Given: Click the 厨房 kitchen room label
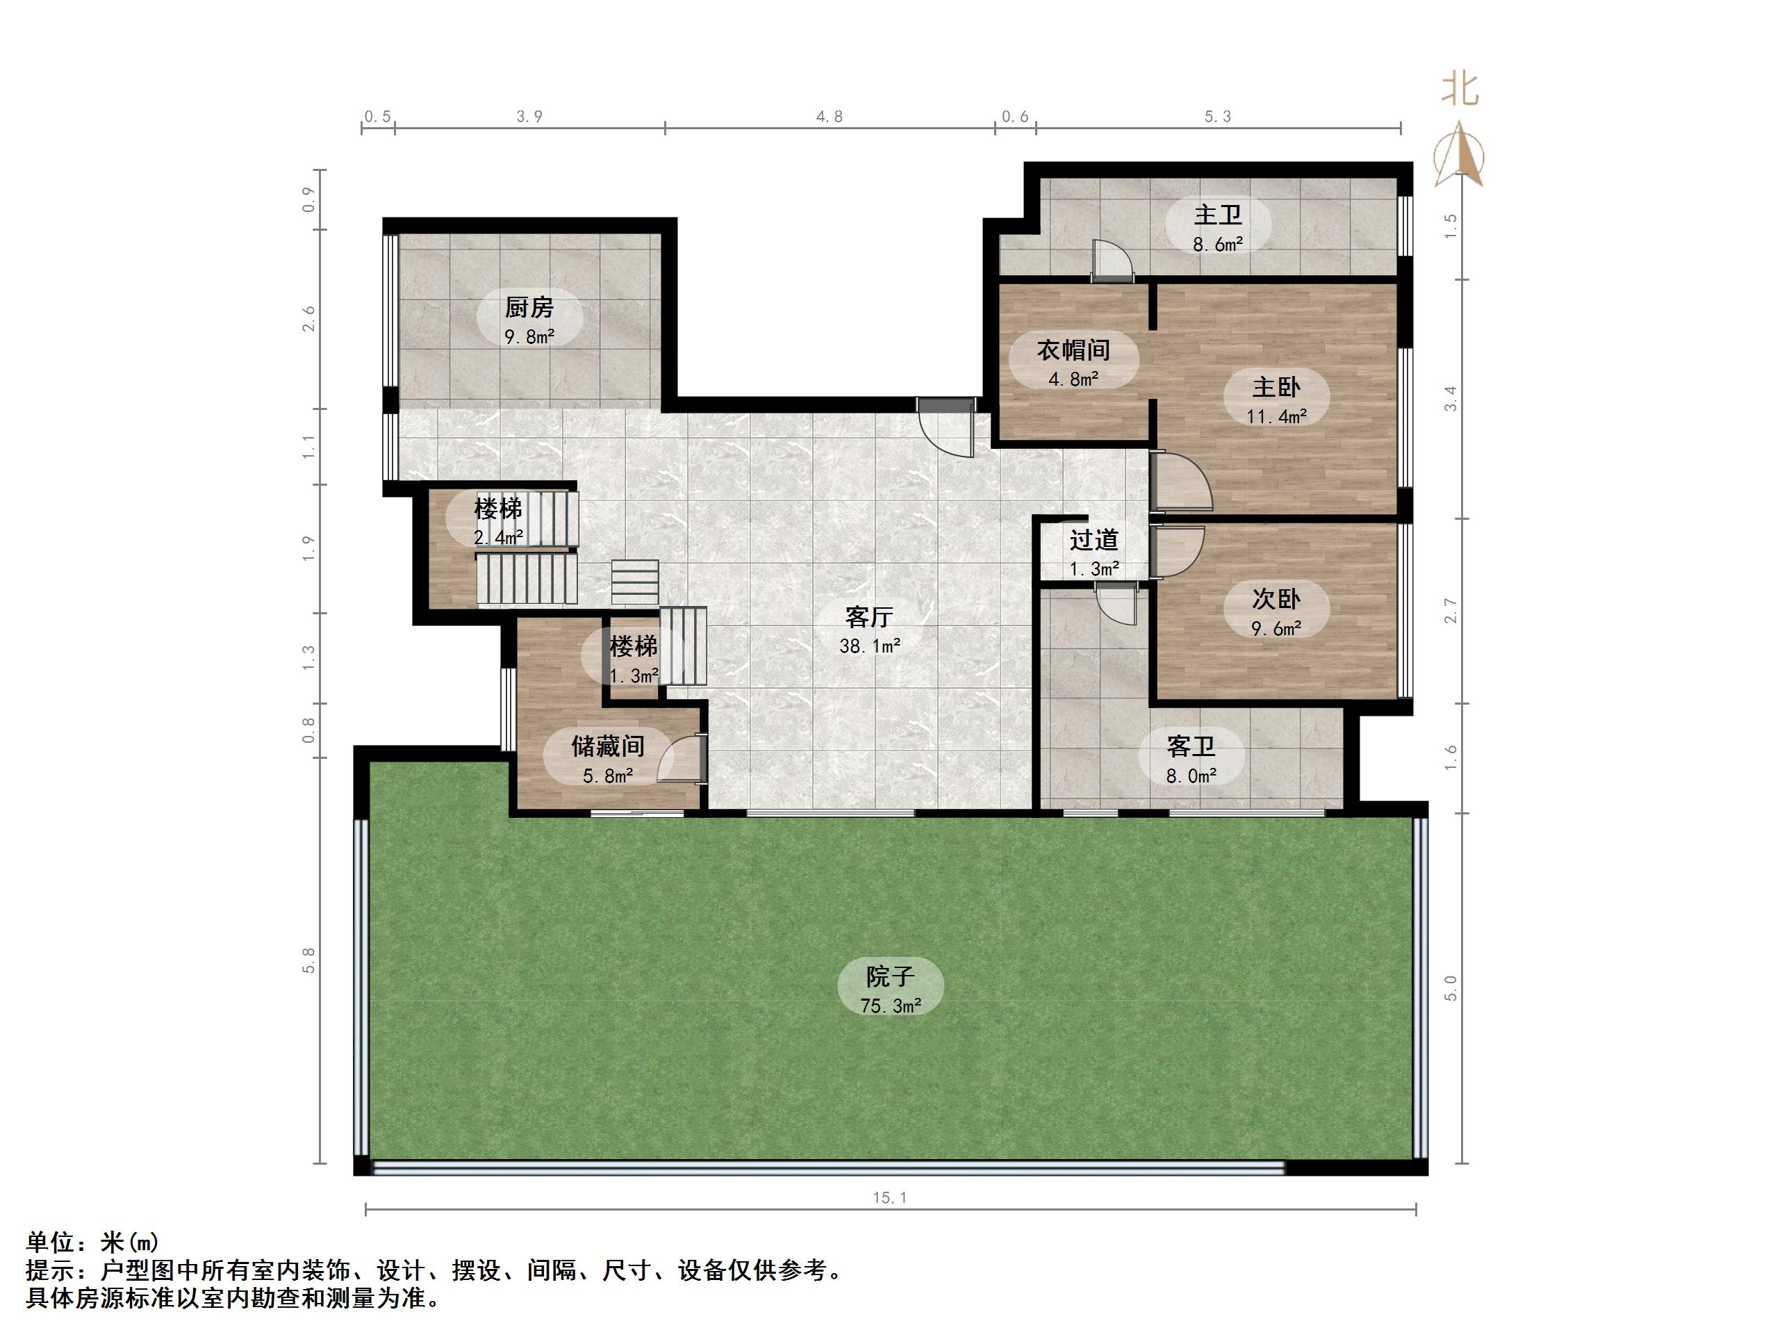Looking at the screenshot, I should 529,308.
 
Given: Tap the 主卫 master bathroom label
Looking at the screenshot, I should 1217,215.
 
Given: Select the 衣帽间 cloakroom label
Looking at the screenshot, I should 1073,350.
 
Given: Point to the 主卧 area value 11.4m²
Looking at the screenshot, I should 1276,417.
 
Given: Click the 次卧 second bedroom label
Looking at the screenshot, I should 1276,600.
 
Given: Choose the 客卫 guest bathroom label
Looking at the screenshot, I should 1191,747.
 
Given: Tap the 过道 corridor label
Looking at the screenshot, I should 1094,540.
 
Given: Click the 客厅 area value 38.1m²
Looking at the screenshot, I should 869,646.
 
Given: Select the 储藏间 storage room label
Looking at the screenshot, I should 607,746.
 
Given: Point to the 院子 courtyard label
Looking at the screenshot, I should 890,978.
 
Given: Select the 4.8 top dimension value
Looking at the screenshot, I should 829,117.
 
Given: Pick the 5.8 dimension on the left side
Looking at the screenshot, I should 308,960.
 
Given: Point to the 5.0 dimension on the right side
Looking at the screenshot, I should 1451,988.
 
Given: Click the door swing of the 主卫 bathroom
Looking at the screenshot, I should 1112,261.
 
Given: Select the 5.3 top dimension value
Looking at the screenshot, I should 1217,117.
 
